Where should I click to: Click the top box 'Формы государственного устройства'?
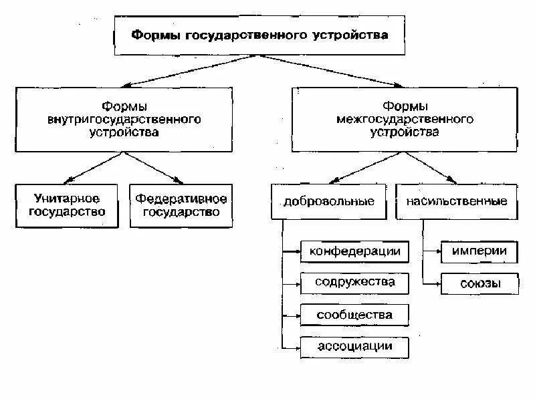point(259,34)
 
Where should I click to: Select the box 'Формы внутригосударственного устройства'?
point(124,119)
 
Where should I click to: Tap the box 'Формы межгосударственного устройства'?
point(405,119)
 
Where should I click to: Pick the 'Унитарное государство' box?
point(67,206)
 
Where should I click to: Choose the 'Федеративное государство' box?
point(181,206)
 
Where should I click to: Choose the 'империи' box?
point(479,251)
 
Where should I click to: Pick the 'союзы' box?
point(479,283)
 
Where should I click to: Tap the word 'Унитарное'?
point(67,198)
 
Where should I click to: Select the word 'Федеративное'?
point(181,198)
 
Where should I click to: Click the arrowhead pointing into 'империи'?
point(438,252)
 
